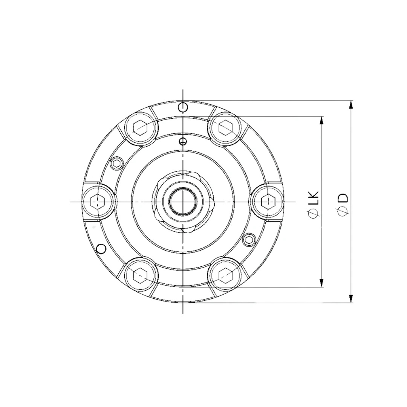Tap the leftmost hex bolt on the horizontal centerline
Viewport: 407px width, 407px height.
tap(98, 201)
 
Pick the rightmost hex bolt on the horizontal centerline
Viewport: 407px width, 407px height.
tap(267, 201)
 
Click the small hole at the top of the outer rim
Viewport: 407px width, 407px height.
tap(183, 107)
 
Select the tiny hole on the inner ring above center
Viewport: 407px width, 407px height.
tap(183, 141)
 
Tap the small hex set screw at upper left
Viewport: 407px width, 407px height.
tap(117, 164)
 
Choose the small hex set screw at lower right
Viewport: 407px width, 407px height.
tap(249, 239)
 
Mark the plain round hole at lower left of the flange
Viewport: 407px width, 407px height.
tap(100, 249)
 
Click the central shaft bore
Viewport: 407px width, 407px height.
tap(183, 202)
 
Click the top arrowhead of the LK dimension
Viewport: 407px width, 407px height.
tap(321, 120)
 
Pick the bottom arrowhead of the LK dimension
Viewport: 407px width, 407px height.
tap(321, 283)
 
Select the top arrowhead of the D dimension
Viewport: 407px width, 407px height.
tap(351, 105)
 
